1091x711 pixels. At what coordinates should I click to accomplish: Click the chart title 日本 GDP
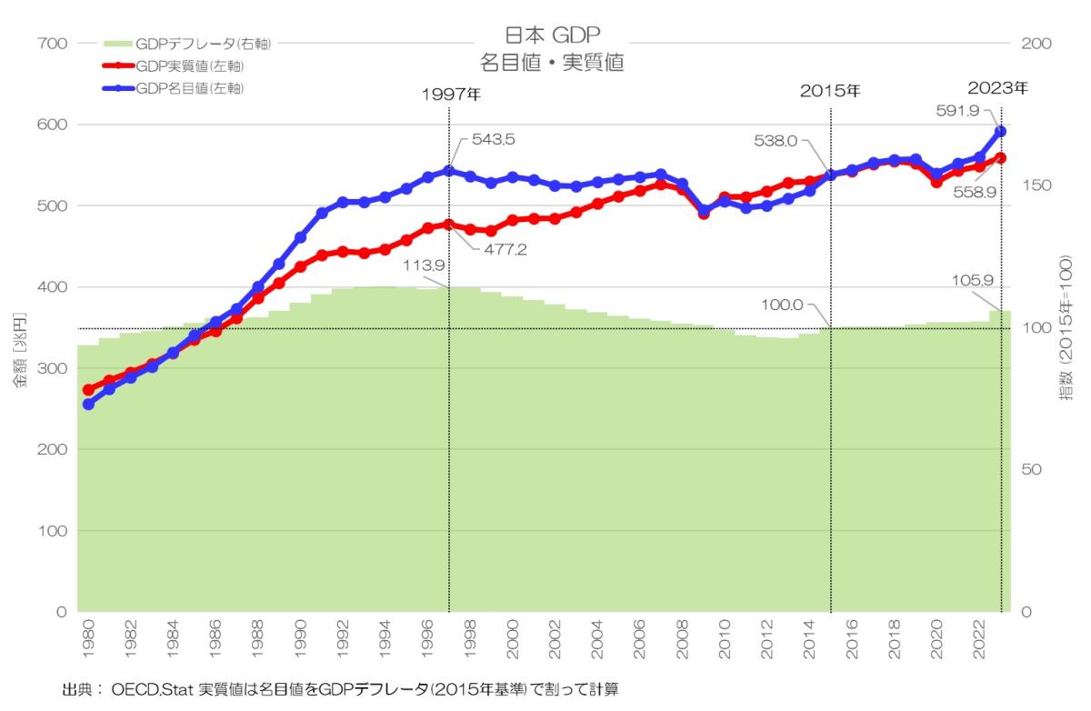click(553, 36)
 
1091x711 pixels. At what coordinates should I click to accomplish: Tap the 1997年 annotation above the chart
click(451, 95)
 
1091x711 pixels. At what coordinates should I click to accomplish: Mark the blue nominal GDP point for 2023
click(1000, 131)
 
